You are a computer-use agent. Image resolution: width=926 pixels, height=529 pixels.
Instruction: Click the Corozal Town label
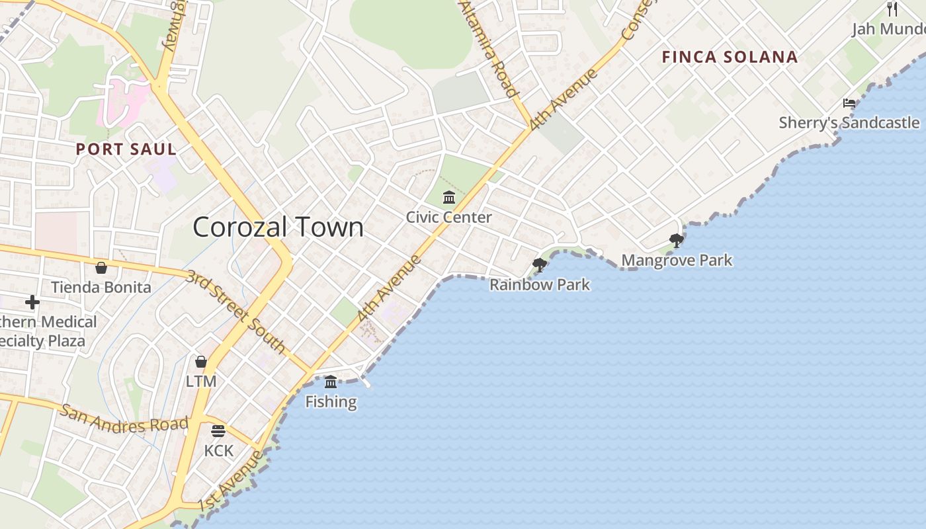pyautogui.click(x=278, y=227)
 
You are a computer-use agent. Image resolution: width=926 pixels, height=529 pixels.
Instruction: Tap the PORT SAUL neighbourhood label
pyautogui.click(x=126, y=149)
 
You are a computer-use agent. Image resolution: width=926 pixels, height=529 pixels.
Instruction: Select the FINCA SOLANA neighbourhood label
pyautogui.click(x=730, y=57)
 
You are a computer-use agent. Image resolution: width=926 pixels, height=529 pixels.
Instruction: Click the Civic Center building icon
pyautogui.click(x=449, y=197)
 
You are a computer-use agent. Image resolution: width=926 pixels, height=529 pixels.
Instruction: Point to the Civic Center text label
pyautogui.click(x=449, y=217)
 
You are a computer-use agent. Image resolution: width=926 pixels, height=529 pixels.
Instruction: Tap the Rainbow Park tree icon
pyautogui.click(x=540, y=265)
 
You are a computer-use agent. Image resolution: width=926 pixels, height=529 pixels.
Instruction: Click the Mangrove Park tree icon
pyautogui.click(x=676, y=240)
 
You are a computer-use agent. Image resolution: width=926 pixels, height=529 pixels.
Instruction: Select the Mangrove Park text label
pyautogui.click(x=677, y=261)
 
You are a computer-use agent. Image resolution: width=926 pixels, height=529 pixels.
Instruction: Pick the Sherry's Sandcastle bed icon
pyautogui.click(x=849, y=103)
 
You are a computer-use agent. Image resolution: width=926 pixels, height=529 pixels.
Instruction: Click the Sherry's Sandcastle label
pyautogui.click(x=849, y=122)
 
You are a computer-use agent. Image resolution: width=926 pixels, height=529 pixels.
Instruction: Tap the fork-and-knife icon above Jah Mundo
pyautogui.click(x=892, y=9)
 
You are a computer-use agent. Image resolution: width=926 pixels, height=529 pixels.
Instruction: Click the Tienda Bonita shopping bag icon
pyautogui.click(x=101, y=268)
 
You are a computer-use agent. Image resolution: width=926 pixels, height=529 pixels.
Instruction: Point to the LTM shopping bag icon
pyautogui.click(x=201, y=362)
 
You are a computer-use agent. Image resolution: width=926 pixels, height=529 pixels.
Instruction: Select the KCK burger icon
pyautogui.click(x=218, y=431)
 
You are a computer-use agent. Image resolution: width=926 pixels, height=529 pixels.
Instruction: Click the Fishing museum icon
pyautogui.click(x=331, y=382)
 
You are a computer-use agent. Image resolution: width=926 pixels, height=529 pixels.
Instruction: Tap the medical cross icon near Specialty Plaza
pyautogui.click(x=32, y=302)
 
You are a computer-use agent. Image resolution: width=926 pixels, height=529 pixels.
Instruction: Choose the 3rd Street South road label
pyautogui.click(x=235, y=311)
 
